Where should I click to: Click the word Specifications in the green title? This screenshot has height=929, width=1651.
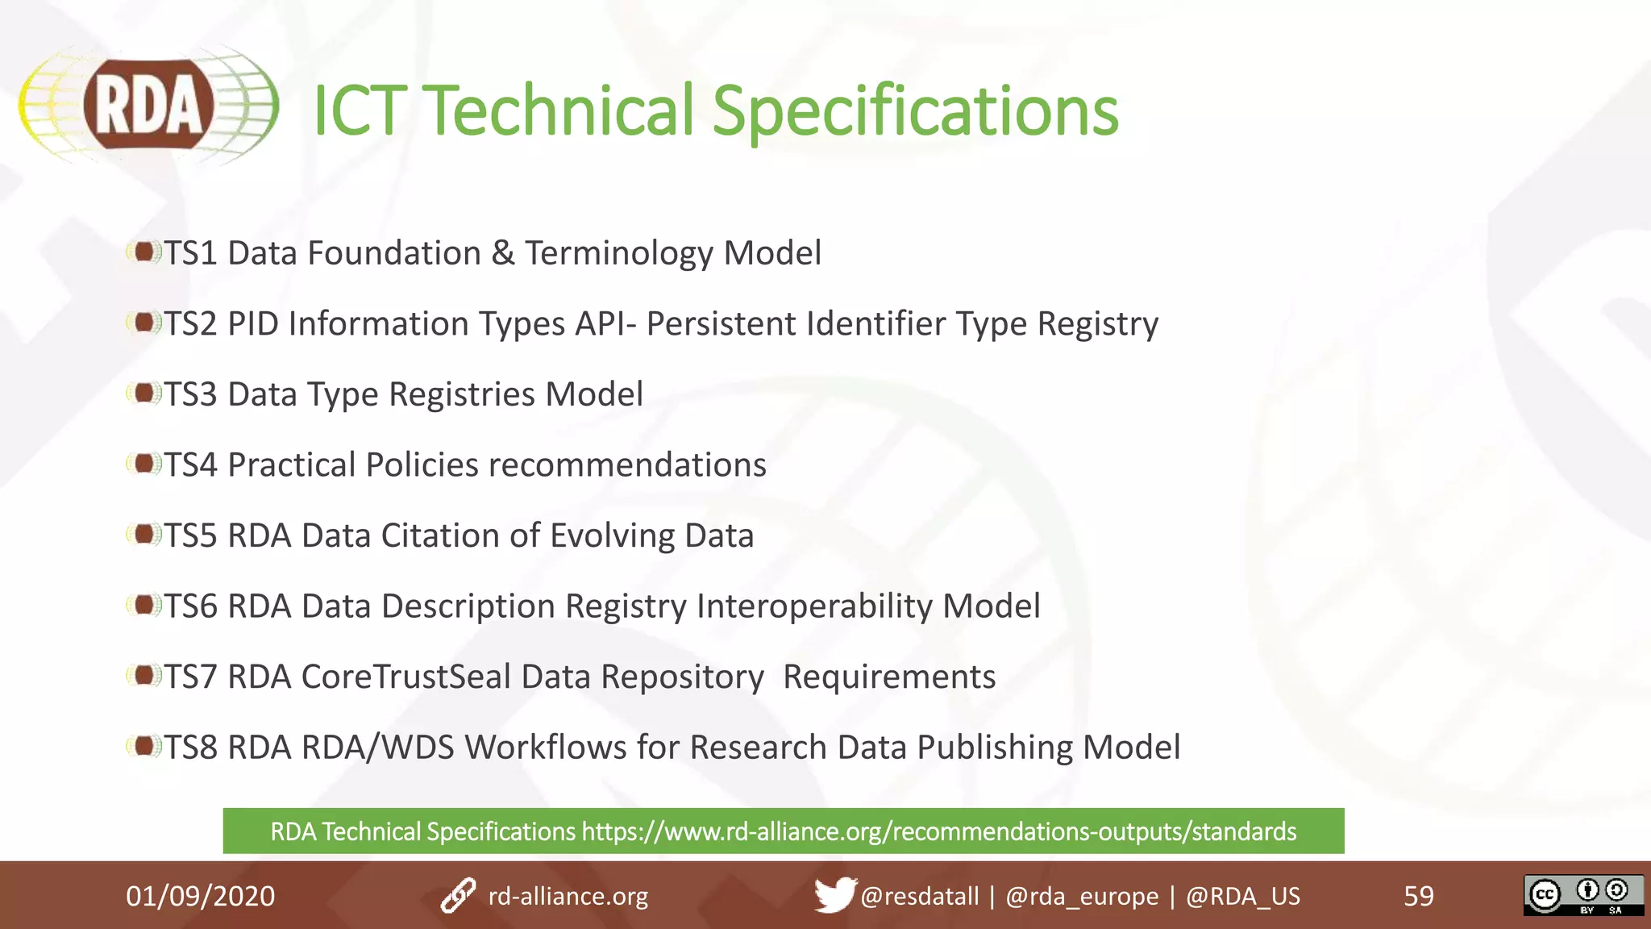click(x=915, y=111)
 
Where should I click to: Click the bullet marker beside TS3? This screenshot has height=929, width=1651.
click(x=143, y=394)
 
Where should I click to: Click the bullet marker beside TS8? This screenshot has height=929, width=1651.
click(x=143, y=747)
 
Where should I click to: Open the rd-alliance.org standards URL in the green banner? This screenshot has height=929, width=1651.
click(x=938, y=831)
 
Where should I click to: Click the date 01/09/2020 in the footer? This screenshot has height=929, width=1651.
click(x=200, y=896)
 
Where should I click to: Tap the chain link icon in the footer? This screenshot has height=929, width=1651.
click(x=458, y=896)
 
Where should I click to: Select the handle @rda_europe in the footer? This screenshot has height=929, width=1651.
click(x=1081, y=896)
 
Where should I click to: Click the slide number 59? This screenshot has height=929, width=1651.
click(x=1419, y=896)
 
